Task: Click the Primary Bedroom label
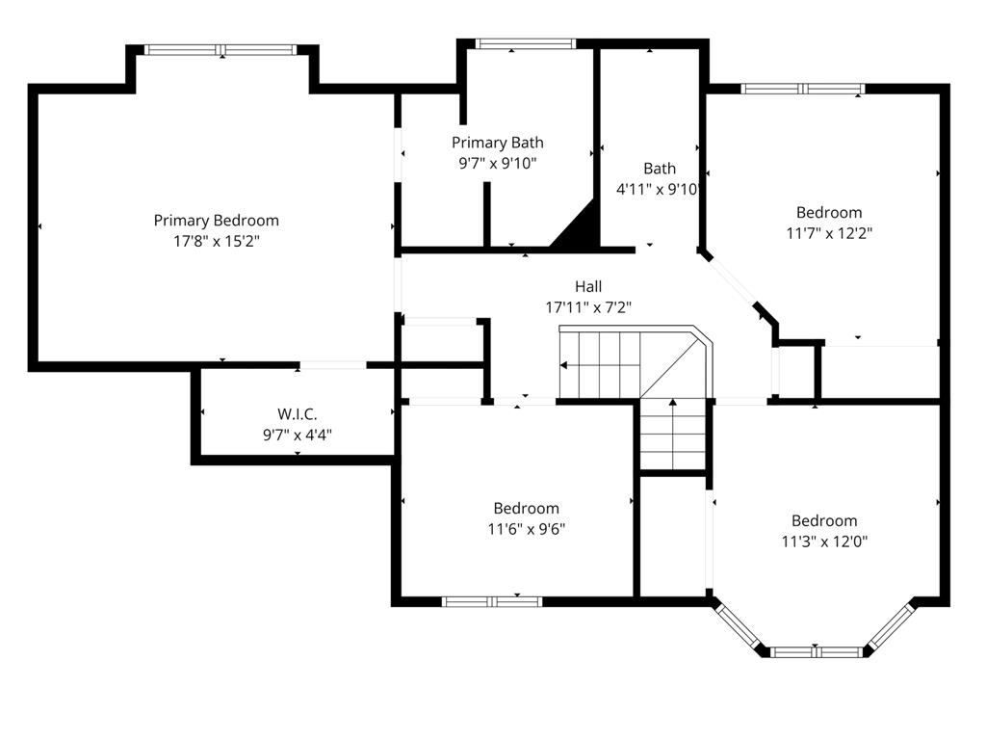(217, 221)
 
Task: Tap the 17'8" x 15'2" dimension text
(217, 241)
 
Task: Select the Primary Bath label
(498, 143)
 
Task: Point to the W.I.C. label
(298, 414)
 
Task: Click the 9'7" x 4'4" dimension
(298, 435)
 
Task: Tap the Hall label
(588, 287)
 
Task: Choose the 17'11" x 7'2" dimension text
(588, 307)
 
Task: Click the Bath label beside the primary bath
(660, 169)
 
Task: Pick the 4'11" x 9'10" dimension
(658, 190)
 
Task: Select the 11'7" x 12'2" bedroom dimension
(829, 233)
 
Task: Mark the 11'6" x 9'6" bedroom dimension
(527, 529)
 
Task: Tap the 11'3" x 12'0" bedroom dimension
(824, 542)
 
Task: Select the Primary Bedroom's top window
(221, 50)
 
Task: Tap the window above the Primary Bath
(525, 43)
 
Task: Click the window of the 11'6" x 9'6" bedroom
(492, 602)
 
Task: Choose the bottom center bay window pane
(815, 652)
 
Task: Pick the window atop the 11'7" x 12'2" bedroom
(803, 89)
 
